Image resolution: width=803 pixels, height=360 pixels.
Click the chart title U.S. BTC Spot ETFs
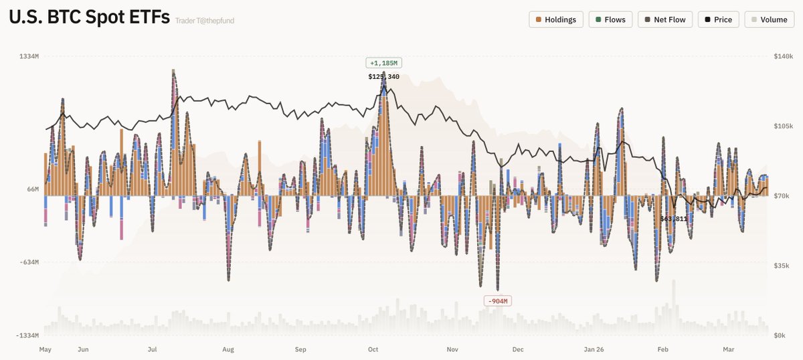(89, 19)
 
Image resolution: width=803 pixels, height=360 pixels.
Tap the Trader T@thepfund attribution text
(205, 21)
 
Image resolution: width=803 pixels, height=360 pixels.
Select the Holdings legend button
(556, 19)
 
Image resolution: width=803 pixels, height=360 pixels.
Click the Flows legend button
(610, 19)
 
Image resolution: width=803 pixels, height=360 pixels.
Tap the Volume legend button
(768, 19)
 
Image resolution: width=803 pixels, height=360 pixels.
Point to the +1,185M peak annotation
(383, 63)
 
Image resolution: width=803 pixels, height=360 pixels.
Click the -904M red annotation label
(497, 301)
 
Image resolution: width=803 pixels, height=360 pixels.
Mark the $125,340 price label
(383, 77)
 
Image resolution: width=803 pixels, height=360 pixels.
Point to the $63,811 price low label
(673, 219)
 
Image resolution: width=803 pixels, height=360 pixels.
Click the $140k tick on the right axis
(783, 57)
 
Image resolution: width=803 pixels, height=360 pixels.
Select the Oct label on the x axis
(373, 349)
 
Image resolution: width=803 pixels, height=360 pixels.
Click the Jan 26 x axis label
(594, 349)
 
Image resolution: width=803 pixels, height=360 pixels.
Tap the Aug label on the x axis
(228, 349)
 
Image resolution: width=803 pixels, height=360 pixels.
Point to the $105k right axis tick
(783, 126)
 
